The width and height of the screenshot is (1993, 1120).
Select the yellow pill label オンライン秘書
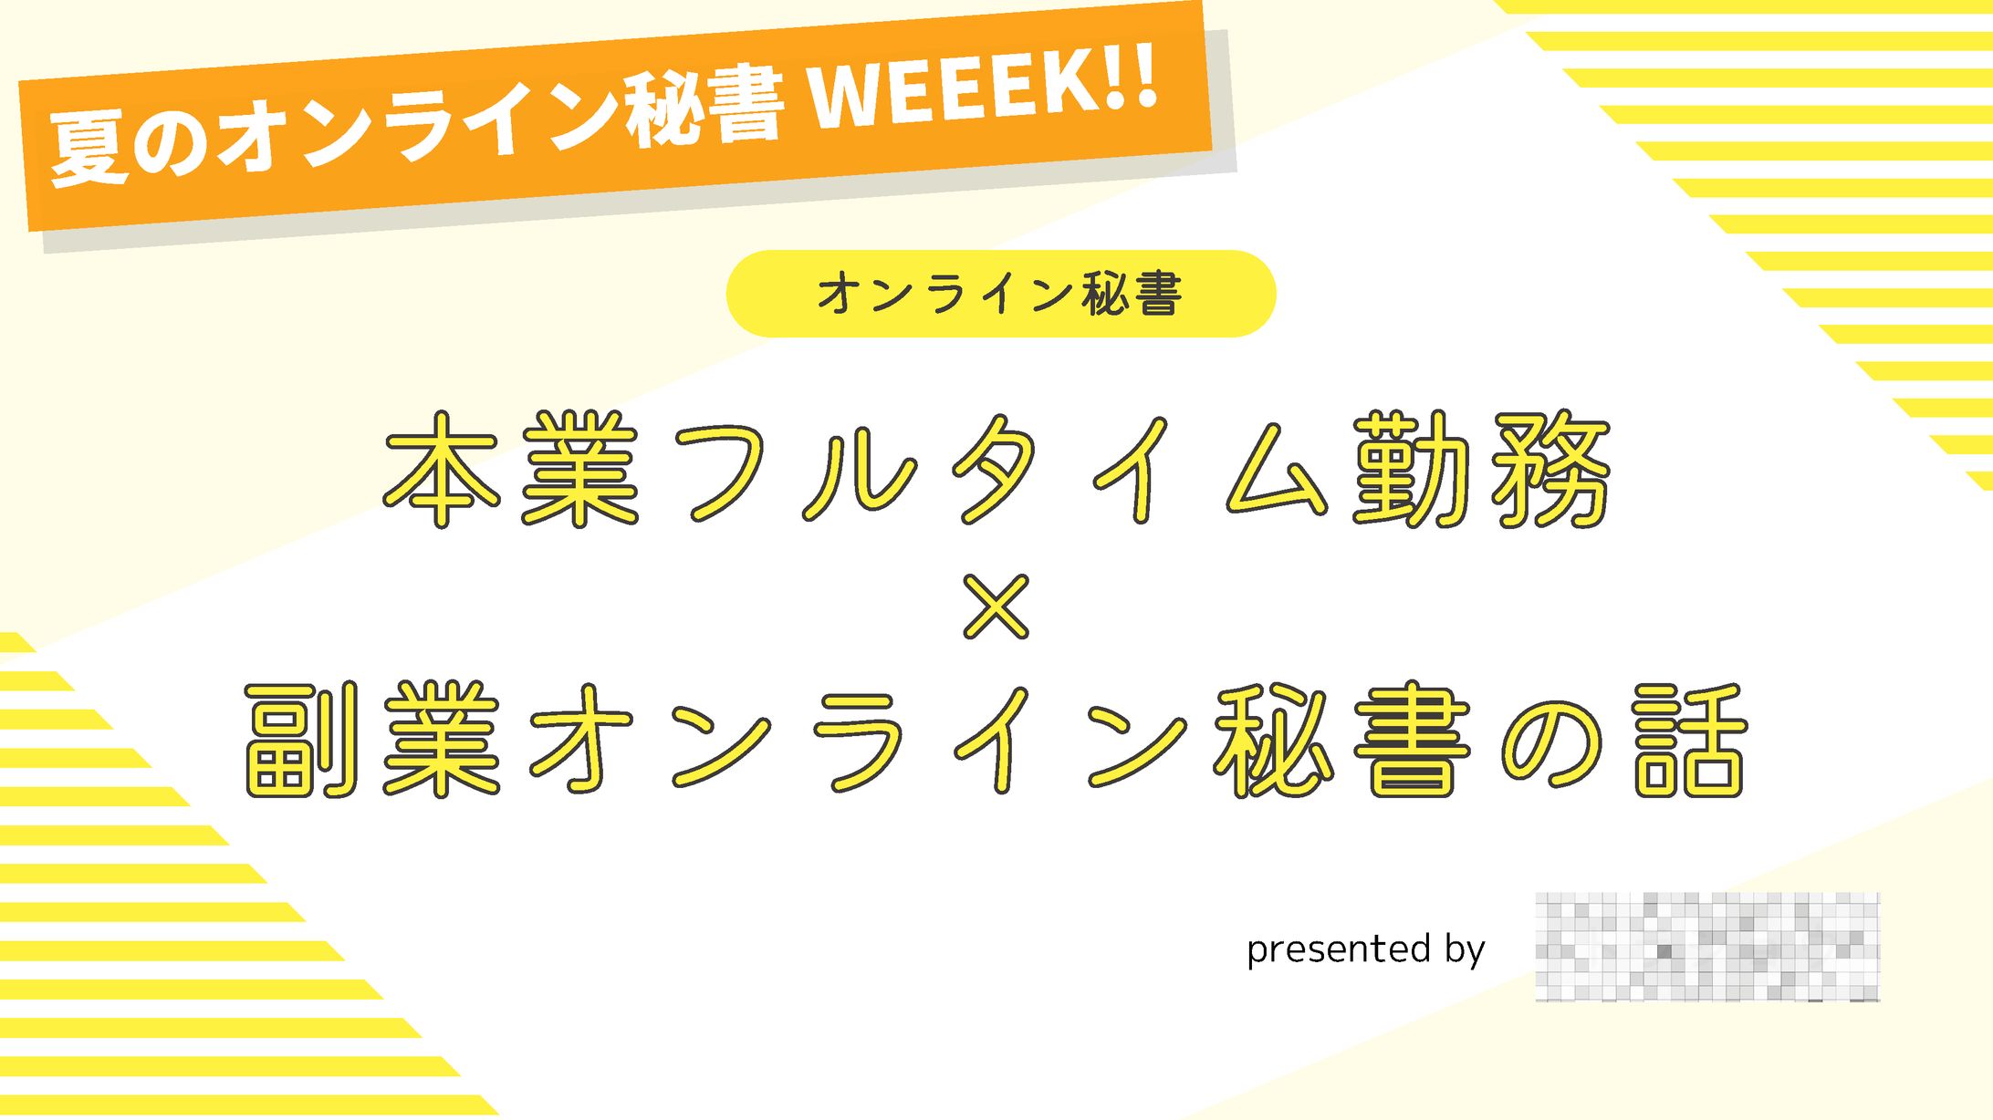[x=1000, y=294]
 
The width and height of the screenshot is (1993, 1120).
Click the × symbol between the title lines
[x=996, y=607]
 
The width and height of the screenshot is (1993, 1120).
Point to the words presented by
[x=1365, y=949]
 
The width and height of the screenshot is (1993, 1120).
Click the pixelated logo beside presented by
[x=1707, y=947]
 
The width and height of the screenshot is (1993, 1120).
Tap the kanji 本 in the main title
[x=442, y=469]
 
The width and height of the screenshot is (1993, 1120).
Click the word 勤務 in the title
[x=1482, y=469]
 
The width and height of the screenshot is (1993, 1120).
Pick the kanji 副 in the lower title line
[x=301, y=740]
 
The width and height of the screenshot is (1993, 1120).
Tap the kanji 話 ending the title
[x=1689, y=740]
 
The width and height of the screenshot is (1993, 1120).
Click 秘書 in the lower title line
[x=1341, y=740]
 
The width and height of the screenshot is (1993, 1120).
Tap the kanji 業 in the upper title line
[x=579, y=469]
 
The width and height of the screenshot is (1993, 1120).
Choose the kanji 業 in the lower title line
[x=442, y=740]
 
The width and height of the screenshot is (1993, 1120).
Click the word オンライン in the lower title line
[x=858, y=740]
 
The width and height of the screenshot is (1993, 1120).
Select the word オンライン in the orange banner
[x=420, y=128]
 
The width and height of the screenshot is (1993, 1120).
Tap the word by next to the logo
[x=1466, y=949]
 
